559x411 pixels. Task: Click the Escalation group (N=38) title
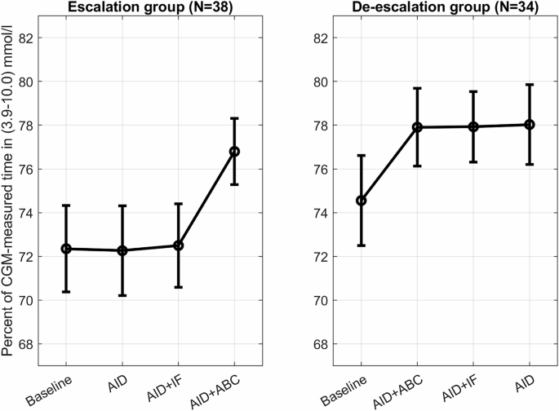149,8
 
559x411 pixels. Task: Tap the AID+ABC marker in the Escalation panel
234,151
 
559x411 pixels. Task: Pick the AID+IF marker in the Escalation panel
179,245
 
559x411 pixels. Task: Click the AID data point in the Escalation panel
122,250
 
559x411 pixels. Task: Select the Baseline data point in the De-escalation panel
362,200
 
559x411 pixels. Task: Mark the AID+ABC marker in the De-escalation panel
417,127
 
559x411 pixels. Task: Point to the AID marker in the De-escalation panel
529,124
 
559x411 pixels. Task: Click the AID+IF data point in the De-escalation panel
473,126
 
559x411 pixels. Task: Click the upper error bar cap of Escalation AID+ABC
234,118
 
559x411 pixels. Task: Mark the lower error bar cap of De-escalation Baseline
362,245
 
